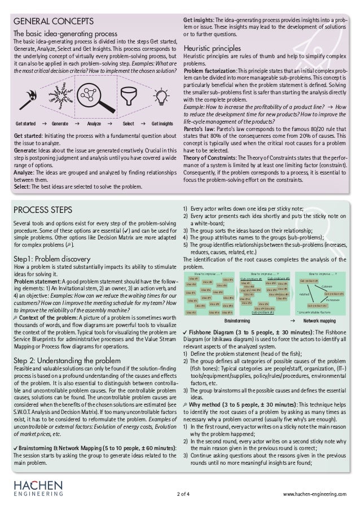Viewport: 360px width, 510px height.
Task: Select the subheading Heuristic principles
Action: pyautogui.click(x=215, y=51)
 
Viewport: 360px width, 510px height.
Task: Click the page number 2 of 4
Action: pyautogui.click(x=183, y=495)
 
